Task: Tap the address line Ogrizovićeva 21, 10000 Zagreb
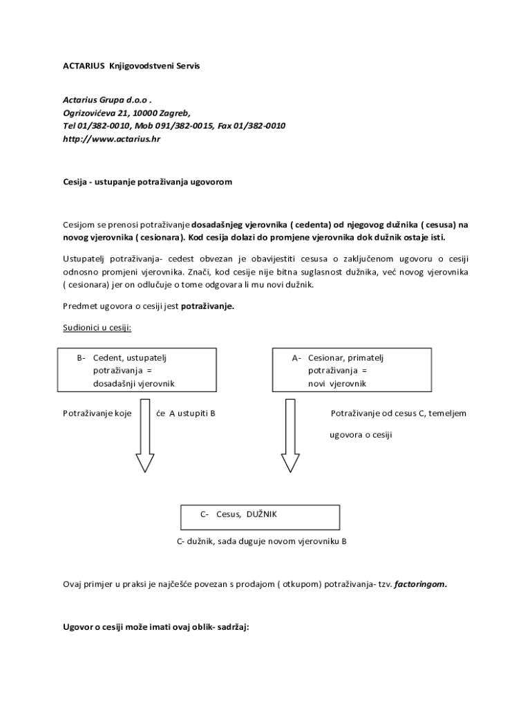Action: pos(126,113)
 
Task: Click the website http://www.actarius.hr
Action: pos(111,139)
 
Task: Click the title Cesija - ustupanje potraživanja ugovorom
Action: pos(148,182)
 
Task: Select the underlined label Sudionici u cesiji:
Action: pos(97,327)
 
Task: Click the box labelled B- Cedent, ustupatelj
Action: pos(129,370)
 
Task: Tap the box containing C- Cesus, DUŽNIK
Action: pos(260,516)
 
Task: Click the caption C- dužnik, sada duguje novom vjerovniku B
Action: pos(261,541)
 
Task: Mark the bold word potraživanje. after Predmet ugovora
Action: pos(207,306)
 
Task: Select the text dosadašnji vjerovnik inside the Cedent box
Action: pos(133,383)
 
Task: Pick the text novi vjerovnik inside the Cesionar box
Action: pos(337,383)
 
